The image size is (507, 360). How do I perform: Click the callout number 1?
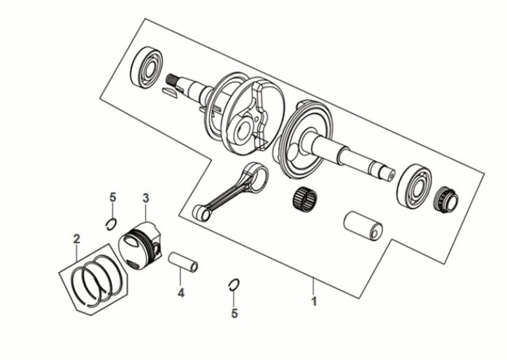click(314, 301)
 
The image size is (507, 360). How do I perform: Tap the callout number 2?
click(77, 240)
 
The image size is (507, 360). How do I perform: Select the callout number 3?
click(146, 198)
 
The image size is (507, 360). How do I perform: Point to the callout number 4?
click(181, 293)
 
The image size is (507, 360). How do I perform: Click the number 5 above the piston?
click(113, 197)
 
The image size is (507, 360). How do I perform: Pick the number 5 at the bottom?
click(234, 313)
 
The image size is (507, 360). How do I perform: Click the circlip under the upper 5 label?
click(111, 224)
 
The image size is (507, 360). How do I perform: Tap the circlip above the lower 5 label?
click(233, 285)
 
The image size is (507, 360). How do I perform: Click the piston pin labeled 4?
click(183, 262)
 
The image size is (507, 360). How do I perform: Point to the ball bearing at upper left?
click(146, 69)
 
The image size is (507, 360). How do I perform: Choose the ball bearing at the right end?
click(415, 185)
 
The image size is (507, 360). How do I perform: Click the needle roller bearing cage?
click(305, 199)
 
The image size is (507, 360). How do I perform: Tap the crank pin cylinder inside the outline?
click(363, 226)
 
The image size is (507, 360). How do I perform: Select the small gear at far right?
click(446, 200)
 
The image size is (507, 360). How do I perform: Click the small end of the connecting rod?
click(201, 213)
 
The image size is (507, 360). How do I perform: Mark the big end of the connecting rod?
click(255, 176)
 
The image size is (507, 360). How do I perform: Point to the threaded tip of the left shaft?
click(172, 80)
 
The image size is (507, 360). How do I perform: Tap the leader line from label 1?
click(313, 287)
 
